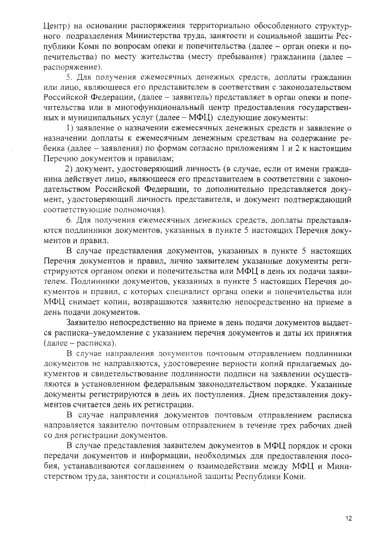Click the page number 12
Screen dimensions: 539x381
(348, 518)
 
